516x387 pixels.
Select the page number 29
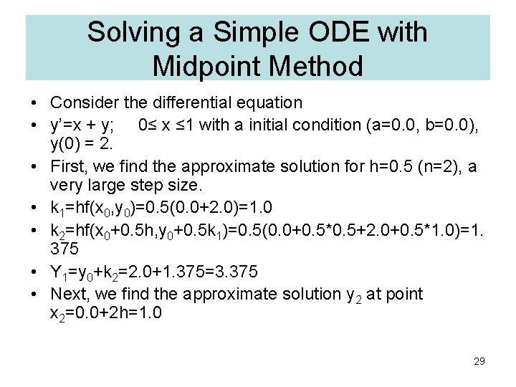479,361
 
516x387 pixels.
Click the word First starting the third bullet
66,167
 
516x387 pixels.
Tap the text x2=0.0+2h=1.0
107,315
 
